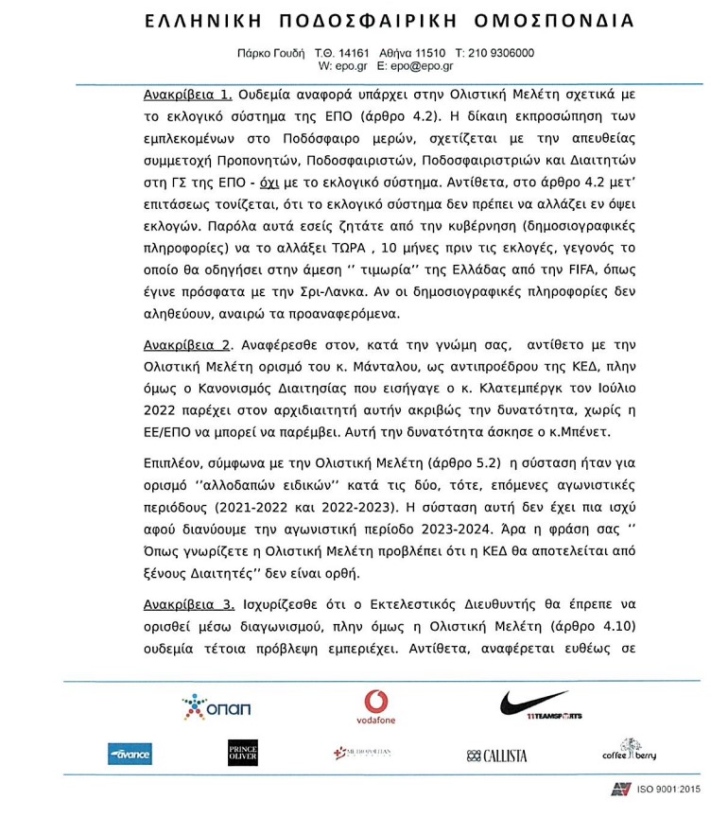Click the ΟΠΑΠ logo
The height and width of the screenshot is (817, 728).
point(217,707)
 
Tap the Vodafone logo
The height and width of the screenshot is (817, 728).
point(375,707)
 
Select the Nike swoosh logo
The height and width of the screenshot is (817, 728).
point(536,704)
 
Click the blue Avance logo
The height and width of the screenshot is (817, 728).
point(130,755)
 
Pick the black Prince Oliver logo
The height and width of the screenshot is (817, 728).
point(242,754)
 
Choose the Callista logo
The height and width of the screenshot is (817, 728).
point(497,756)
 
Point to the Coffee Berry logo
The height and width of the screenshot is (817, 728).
point(630,752)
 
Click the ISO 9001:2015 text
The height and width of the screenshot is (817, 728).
point(667,789)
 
